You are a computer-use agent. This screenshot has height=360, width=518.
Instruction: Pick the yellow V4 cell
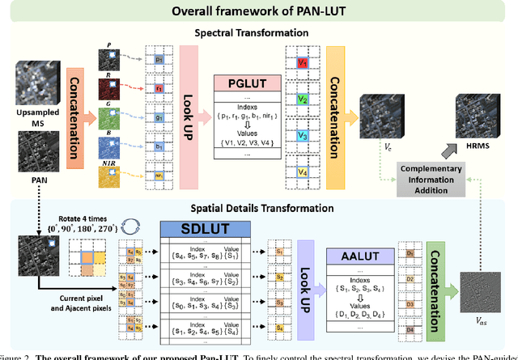301,172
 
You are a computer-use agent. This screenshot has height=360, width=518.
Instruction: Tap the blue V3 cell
301,135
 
